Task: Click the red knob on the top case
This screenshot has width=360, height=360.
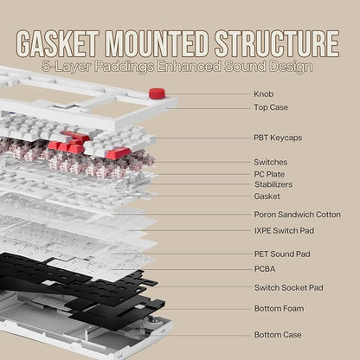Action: tap(157, 93)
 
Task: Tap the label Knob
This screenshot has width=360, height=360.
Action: tap(264, 94)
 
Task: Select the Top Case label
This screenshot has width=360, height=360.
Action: tap(271, 107)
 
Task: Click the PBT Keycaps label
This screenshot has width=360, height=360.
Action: tap(278, 138)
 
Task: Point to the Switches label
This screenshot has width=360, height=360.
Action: tap(271, 162)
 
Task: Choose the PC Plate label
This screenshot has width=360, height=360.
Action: tap(269, 174)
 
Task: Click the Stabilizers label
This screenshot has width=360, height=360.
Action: tap(273, 184)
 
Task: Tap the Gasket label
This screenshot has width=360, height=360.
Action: tap(267, 196)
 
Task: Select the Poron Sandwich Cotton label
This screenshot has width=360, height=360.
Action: tap(297, 215)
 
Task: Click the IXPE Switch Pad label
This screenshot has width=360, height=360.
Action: tap(284, 231)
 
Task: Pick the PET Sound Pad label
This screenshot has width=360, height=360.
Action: tap(282, 254)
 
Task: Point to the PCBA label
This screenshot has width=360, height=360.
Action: tap(265, 269)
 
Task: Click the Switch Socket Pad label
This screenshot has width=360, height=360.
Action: tap(289, 287)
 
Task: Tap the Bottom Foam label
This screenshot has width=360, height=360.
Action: tap(279, 308)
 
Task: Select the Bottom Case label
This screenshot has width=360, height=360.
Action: tap(278, 335)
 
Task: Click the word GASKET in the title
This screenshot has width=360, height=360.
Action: tap(58, 43)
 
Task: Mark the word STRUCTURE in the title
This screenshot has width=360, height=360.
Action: tap(277, 43)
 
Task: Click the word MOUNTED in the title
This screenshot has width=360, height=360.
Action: tap(157, 43)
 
